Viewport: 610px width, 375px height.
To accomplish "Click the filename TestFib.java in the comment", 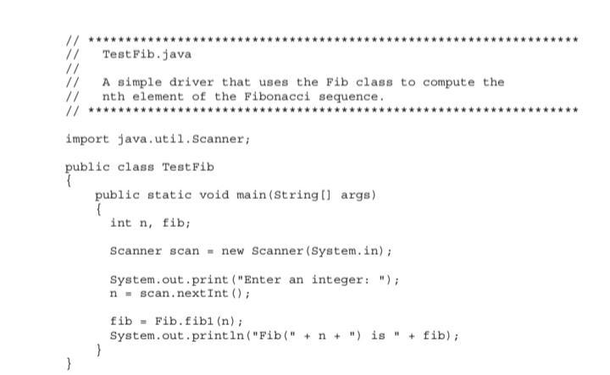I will [x=147, y=54].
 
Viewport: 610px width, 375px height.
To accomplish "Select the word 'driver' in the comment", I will [x=191, y=82].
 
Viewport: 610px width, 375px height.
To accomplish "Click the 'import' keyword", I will [x=87, y=138].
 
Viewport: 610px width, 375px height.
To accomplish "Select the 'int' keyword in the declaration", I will [x=120, y=223].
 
